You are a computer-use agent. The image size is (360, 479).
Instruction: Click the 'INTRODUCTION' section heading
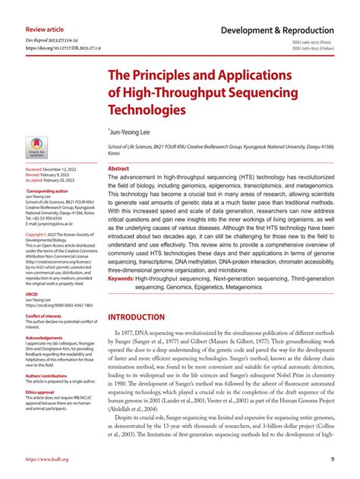coord(147,317)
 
